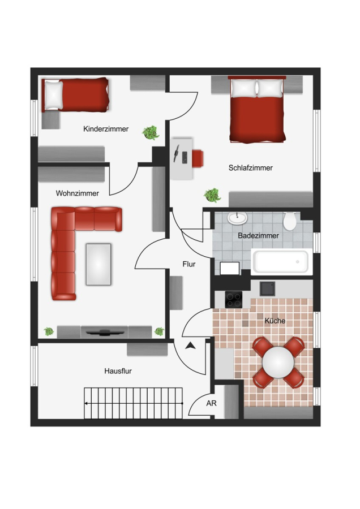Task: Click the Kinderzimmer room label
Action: click(106, 129)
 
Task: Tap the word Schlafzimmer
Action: click(251, 168)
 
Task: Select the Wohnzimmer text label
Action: click(78, 193)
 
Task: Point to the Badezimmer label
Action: click(258, 236)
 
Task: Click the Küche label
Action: click(275, 321)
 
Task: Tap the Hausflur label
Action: click(118, 371)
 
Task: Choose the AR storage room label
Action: click(211, 403)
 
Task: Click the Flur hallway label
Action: click(188, 264)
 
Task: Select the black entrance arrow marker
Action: click(191, 346)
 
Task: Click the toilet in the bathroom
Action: click(289, 221)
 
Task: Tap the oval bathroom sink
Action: click(237, 218)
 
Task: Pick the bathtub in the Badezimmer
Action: click(281, 261)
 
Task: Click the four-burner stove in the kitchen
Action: click(234, 299)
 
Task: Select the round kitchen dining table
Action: click(278, 363)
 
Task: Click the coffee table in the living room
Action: click(98, 264)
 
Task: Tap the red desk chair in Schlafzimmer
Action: click(198, 158)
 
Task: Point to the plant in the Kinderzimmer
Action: click(151, 132)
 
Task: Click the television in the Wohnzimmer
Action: click(105, 333)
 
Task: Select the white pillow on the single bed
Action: click(54, 95)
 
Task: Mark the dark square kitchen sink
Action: click(267, 289)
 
